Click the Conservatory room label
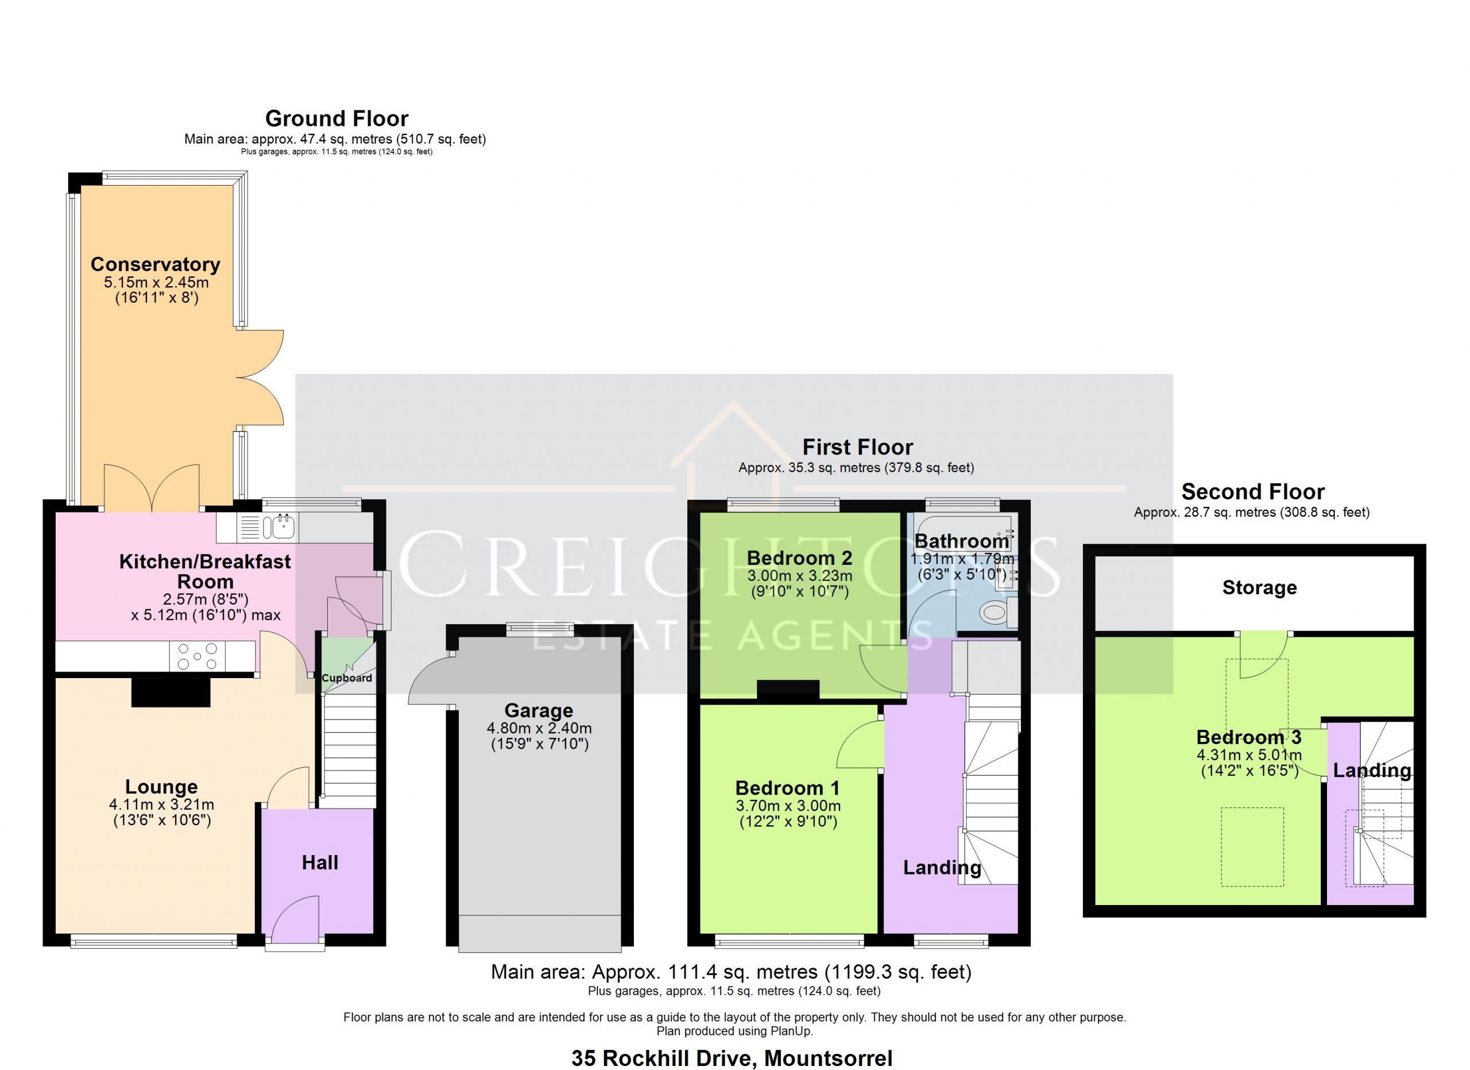[156, 264]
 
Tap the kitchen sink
[283, 527]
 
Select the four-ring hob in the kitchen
[198, 656]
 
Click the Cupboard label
[347, 678]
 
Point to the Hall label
[320, 863]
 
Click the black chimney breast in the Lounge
[171, 692]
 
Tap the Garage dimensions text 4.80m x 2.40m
[539, 728]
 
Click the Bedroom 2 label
[799, 557]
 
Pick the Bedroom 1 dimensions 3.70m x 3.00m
[788, 806]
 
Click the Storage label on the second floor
[1259, 587]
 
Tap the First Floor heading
[857, 447]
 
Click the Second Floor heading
[1253, 491]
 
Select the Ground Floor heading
[337, 119]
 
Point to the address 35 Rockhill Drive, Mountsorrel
[732, 1059]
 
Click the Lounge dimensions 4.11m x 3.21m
[161, 805]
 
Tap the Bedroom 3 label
[1249, 737]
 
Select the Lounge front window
[154, 940]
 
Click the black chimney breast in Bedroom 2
[788, 690]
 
